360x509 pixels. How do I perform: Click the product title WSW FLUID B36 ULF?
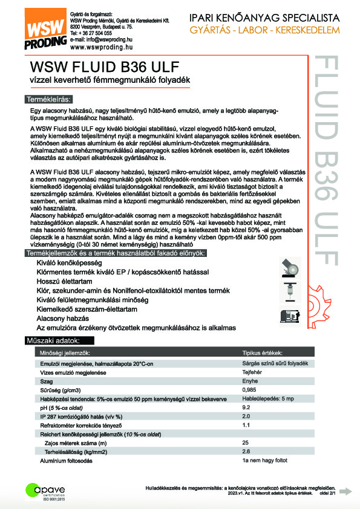(x=100, y=66)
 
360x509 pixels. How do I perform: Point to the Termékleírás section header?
(x=48, y=99)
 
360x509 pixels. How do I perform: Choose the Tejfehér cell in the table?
(x=252, y=373)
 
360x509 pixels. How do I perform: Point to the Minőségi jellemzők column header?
(x=65, y=352)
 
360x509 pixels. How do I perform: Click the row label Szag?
(x=46, y=382)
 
